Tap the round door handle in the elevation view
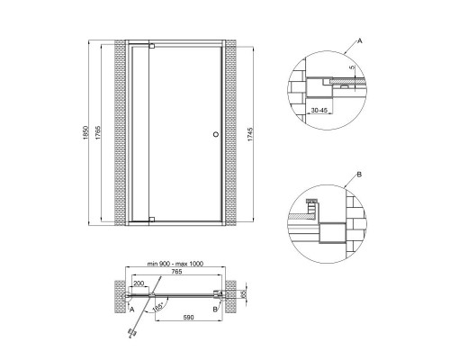tap(213, 135)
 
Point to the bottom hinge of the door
tap(151, 219)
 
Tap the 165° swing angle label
tap(158, 308)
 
